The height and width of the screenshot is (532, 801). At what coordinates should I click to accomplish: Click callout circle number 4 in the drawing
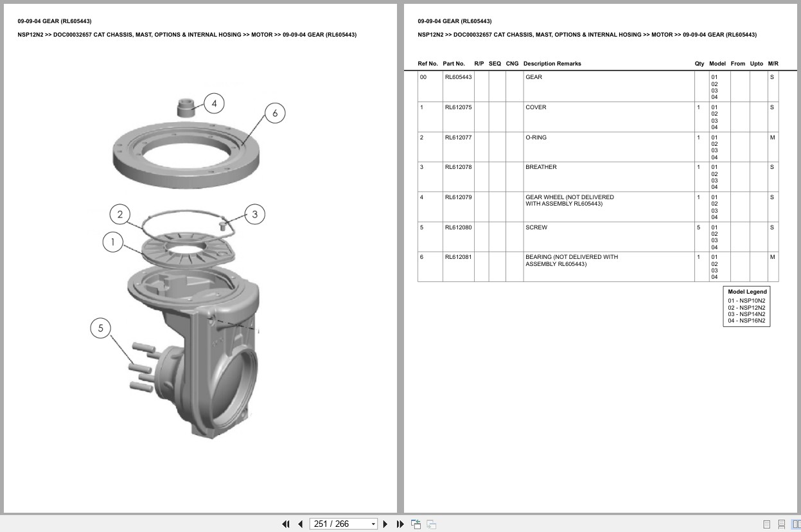pos(214,103)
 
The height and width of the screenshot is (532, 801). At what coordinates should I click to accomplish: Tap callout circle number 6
pos(275,114)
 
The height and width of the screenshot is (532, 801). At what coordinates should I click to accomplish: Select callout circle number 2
pos(120,215)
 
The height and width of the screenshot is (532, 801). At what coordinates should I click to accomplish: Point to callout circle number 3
pos(255,215)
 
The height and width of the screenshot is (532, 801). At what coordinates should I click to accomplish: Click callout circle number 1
pos(113,242)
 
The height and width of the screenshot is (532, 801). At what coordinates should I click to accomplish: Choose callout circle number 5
pos(101,328)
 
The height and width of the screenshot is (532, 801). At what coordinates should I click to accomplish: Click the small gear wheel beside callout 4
pos(186,107)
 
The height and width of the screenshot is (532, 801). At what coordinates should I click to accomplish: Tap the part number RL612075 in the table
pos(458,107)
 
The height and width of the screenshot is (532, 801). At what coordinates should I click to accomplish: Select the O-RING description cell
pos(536,137)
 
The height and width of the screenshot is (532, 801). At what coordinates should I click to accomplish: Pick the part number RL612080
pos(458,227)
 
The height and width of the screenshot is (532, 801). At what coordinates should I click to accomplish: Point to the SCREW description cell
pos(536,227)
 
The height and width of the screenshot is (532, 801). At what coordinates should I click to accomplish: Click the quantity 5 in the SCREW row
pos(698,227)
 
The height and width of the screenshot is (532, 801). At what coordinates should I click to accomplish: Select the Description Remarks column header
pos(552,64)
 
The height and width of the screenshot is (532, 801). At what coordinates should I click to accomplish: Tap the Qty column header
pos(699,64)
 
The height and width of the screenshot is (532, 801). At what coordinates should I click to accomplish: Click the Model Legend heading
pos(747,292)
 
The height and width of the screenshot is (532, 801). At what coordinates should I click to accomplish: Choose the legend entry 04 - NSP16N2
pos(746,321)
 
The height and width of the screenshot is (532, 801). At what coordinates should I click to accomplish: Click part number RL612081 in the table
pos(458,257)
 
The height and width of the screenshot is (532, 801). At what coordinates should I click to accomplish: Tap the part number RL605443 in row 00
pos(458,77)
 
